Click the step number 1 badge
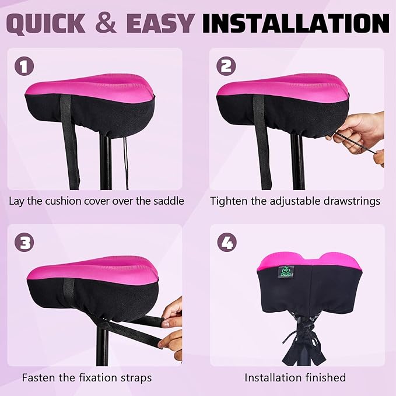click(24, 66)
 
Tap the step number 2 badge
click(226, 66)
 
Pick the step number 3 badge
click(24, 242)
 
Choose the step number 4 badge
click(226, 242)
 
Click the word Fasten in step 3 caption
click(39, 377)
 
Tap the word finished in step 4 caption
click(323, 377)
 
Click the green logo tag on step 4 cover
click(285, 272)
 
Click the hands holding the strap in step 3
click(172, 327)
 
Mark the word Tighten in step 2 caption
click(229, 201)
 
